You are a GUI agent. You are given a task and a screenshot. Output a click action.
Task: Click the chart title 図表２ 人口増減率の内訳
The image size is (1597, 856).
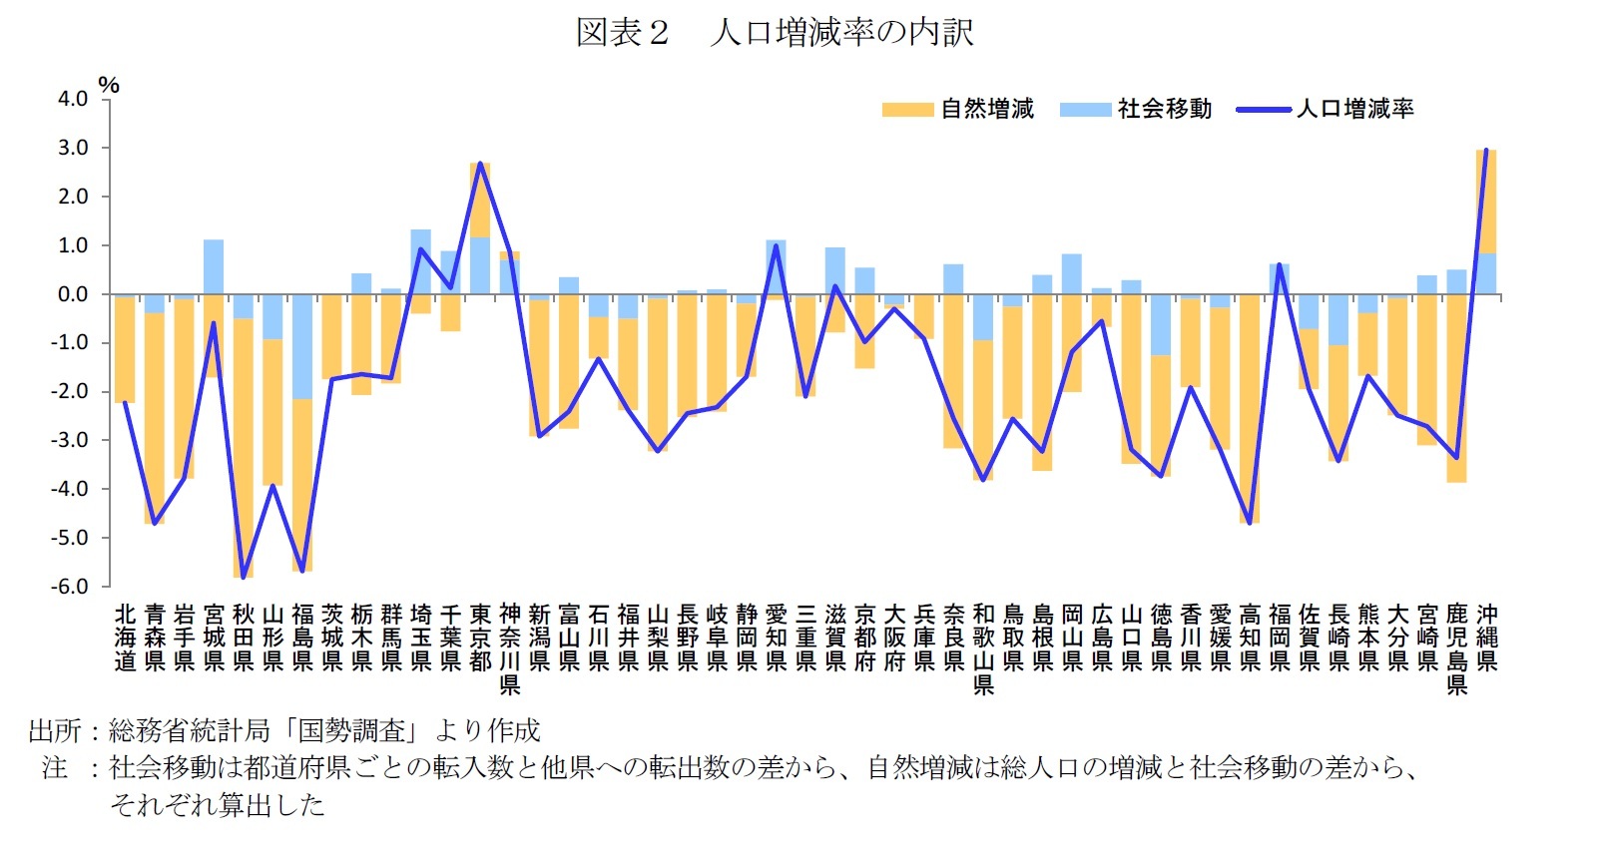pos(775,33)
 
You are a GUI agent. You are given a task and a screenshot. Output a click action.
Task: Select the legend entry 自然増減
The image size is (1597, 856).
pos(987,109)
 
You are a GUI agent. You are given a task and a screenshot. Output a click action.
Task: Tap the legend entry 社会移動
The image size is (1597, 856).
pos(1164,109)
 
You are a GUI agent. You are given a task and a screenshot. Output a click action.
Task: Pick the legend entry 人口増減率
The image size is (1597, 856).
pos(1354,109)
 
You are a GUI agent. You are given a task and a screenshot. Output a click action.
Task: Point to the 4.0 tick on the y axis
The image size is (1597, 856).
pos(73,99)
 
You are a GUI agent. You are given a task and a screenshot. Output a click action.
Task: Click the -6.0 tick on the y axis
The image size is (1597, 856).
pos(70,587)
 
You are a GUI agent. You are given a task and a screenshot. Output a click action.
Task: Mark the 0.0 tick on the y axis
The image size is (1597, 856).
pos(73,294)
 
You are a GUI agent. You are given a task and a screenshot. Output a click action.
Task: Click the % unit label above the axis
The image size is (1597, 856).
pos(109,86)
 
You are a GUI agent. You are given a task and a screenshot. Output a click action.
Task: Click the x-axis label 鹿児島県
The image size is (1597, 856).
pos(1456,648)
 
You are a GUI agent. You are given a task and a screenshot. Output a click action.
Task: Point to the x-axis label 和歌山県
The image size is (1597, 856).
pos(983,648)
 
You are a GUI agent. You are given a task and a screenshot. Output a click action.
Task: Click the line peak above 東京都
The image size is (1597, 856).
pos(480,164)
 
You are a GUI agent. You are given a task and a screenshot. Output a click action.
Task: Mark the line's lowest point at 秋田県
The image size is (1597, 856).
pos(244,577)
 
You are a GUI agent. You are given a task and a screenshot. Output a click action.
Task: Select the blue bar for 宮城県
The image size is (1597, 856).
pos(214,266)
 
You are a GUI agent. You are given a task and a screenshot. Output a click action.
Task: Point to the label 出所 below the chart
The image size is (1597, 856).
pos(54,731)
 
